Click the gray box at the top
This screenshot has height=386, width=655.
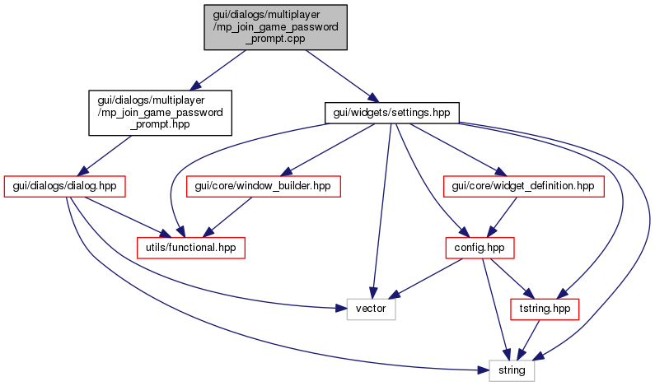(x=275, y=27)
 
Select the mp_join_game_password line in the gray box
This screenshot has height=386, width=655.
(x=275, y=27)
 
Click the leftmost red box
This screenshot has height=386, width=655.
(x=64, y=186)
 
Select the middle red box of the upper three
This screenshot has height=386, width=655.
(x=264, y=186)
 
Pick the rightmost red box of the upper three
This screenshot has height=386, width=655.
(x=524, y=186)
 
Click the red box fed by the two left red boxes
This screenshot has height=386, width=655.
(x=190, y=248)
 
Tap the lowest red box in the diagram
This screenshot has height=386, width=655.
(x=545, y=309)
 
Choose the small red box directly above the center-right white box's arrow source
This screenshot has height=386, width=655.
(x=480, y=248)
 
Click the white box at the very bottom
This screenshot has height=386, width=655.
(x=512, y=370)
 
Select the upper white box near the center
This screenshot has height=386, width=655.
(x=371, y=309)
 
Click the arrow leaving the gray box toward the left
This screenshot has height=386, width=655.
(x=218, y=69)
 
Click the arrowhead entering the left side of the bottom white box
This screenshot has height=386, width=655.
(x=484, y=370)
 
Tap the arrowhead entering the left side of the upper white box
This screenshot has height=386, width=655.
(x=341, y=309)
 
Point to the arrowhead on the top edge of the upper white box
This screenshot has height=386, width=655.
(x=372, y=294)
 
